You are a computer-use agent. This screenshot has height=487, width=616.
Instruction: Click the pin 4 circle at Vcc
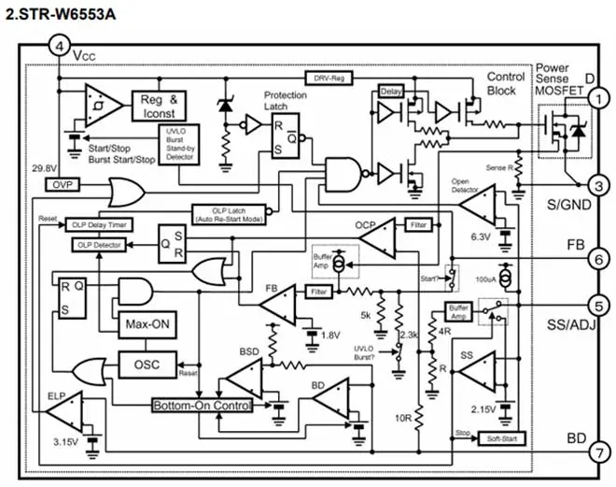(x=60, y=47)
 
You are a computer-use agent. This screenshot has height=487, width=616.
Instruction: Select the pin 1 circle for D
(x=599, y=95)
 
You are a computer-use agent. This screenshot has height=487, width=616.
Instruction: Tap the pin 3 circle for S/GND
(x=599, y=185)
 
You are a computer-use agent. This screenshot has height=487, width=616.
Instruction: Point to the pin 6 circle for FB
(x=599, y=260)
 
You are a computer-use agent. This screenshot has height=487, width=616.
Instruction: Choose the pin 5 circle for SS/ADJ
(x=599, y=304)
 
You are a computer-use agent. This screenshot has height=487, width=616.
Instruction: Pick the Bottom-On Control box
(x=203, y=406)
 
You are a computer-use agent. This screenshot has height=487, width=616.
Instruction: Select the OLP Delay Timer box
(x=98, y=224)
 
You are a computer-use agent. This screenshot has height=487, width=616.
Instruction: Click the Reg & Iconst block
(x=163, y=107)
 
